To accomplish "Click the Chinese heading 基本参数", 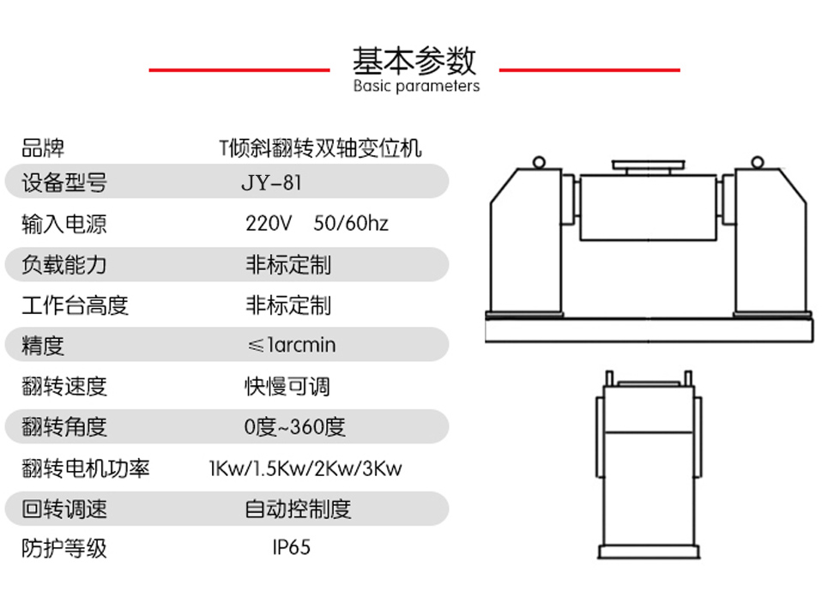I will coord(414,60).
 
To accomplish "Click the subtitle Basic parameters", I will coord(416,87).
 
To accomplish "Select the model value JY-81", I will coord(271,183).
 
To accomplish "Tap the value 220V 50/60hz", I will coord(317,224).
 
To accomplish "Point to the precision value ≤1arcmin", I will coord(291,346).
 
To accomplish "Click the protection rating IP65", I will coord(292,547).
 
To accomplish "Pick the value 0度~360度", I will coord(294,426).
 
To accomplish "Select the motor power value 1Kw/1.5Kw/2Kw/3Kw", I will coord(305,468).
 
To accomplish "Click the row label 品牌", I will coord(43,148).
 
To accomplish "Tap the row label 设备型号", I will coord(64,183).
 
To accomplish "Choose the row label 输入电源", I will coord(64,224).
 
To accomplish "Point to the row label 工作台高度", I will coord(75,305).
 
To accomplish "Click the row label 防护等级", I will coord(64,548).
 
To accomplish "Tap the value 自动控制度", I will coord(298,509).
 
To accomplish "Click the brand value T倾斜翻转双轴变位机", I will coord(320,148).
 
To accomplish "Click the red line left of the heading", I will coord(239,69).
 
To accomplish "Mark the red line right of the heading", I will coord(589,69).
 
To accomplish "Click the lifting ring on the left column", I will coord(539,162).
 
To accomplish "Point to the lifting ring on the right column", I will coord(757,162).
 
